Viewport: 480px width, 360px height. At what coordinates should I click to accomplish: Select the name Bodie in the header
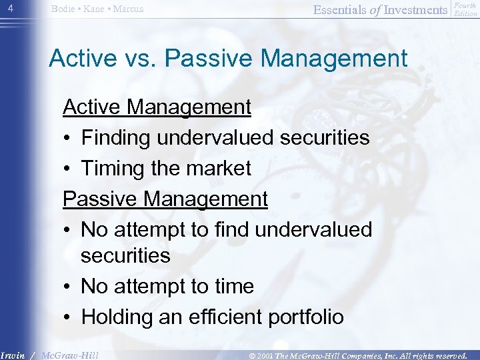(x=65, y=9)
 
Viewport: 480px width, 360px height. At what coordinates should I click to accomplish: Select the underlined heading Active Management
(x=157, y=107)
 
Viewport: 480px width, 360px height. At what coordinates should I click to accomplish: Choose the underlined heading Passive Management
(x=165, y=199)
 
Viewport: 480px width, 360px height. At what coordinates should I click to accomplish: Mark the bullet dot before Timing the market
(x=67, y=169)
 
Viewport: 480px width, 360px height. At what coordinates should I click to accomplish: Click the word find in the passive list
(x=221, y=229)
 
